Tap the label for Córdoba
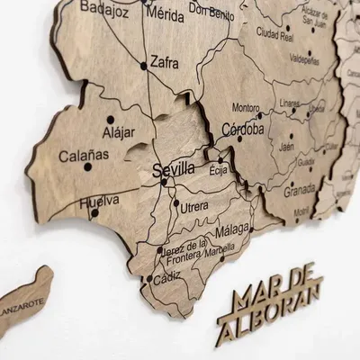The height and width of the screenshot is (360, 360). [243, 129]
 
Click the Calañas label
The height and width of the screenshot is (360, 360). [83, 155]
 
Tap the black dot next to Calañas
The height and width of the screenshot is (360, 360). [87, 166]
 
